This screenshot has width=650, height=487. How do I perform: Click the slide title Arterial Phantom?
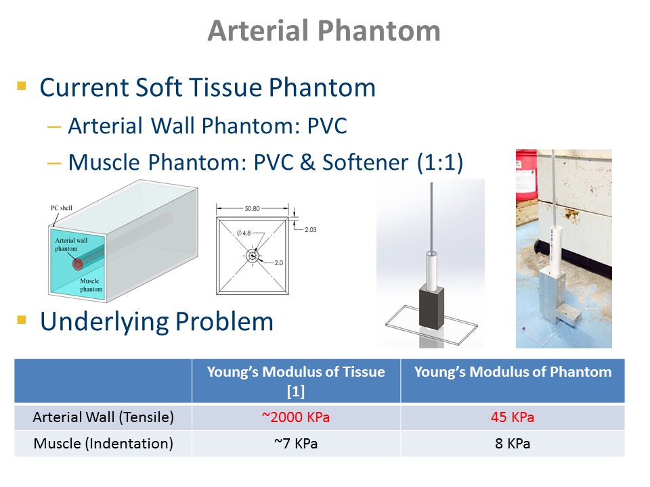tap(324, 31)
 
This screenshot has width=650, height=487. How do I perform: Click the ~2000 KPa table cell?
tap(296, 417)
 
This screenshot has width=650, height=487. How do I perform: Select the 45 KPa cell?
tap(513, 417)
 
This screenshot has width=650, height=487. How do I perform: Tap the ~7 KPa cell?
tap(296, 444)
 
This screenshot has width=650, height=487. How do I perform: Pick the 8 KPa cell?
tap(513, 444)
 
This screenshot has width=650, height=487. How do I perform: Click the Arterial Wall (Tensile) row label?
tap(103, 417)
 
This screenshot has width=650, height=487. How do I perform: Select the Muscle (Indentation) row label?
tap(103, 444)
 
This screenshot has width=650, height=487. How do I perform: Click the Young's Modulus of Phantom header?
tap(513, 372)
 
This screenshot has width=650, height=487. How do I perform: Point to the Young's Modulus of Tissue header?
tap(296, 381)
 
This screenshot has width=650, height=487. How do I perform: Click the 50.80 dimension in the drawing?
tap(252, 208)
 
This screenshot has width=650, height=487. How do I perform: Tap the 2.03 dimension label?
tap(311, 229)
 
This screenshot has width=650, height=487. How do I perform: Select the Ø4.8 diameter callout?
tap(244, 233)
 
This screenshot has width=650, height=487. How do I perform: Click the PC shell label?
tap(62, 208)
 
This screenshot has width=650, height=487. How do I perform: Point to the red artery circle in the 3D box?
tap(77, 264)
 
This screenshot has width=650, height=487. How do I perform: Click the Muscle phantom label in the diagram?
tap(91, 285)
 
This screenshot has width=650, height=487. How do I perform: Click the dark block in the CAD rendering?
tap(431, 306)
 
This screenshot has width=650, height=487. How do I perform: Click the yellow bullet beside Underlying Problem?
tap(22, 320)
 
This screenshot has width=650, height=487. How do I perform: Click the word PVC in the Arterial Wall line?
tap(327, 126)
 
